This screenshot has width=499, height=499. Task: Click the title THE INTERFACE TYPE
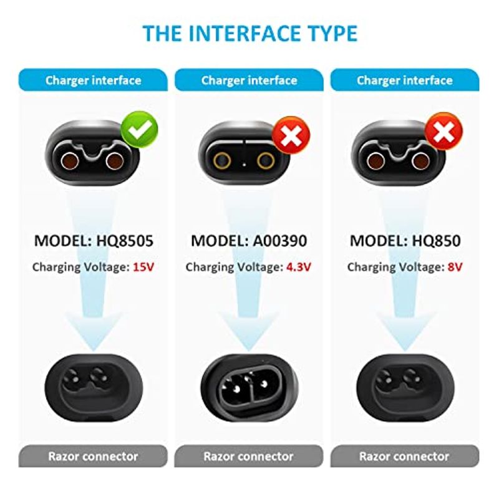point(250,33)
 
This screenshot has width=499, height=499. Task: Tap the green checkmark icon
point(139,130)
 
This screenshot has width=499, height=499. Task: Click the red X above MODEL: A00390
point(291,135)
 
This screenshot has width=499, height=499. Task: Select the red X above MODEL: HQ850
point(444,131)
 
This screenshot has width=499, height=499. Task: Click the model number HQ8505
point(125,241)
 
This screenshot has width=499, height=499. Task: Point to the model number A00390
point(280,241)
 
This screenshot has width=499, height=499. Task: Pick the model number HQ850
point(436,241)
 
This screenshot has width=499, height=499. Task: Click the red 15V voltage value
point(143,267)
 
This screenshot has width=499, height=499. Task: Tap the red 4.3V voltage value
point(299,267)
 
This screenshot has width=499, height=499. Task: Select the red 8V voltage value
point(455,267)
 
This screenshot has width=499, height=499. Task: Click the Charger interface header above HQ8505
point(93,80)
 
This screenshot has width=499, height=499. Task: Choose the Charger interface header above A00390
point(249,80)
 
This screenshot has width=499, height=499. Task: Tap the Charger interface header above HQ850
point(405,80)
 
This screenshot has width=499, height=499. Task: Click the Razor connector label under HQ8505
point(93,457)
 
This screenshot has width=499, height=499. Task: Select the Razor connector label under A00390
point(248,457)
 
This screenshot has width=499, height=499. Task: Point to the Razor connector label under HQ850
point(404,457)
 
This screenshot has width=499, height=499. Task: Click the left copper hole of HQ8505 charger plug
point(70,161)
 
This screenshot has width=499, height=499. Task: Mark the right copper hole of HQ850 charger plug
point(420,161)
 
